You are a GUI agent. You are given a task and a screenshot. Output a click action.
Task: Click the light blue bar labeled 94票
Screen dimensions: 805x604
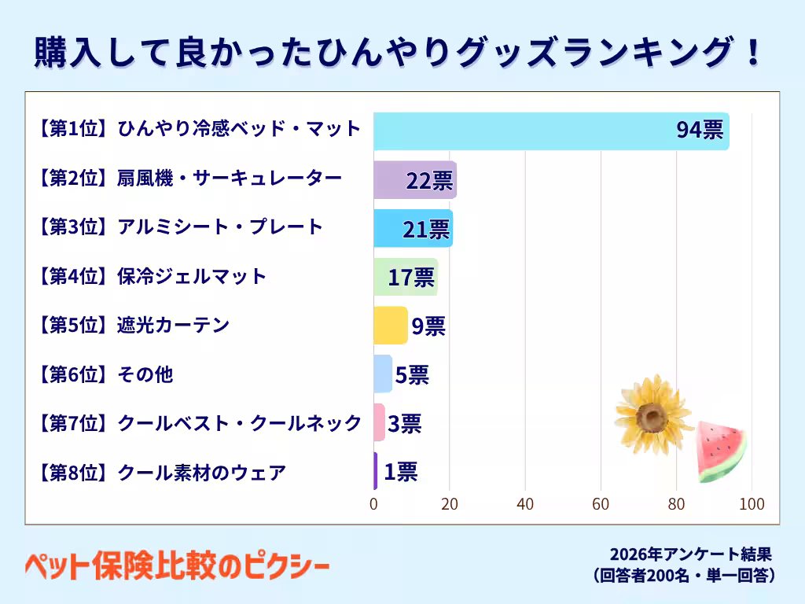coord(551,131)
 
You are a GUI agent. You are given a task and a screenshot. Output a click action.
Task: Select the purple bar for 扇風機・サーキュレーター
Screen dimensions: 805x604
coord(415,180)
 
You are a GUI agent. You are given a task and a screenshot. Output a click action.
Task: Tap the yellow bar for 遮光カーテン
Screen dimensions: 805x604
coord(391,325)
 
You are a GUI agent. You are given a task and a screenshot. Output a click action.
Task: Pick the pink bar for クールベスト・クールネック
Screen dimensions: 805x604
coord(380,422)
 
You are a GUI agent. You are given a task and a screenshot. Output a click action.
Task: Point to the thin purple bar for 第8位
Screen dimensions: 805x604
coord(376,471)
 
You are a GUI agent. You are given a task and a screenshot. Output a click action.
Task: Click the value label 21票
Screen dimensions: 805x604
coord(426,230)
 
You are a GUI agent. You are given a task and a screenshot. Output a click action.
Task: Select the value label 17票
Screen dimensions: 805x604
coord(411,278)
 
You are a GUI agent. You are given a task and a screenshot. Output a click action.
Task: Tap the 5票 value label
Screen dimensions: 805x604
coord(412,375)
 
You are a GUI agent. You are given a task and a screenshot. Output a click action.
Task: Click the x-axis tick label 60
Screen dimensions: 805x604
coord(601,504)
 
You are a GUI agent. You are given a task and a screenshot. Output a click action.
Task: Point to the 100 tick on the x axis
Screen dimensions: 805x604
coord(752,504)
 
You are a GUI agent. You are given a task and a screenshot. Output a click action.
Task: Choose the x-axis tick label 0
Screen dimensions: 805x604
coord(373,504)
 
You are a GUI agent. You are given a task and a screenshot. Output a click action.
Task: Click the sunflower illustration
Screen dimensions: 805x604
coord(653,415)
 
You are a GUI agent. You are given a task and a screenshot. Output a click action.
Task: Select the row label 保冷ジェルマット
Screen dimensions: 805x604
coord(192,276)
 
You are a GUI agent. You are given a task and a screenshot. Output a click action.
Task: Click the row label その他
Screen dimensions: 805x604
coord(145,374)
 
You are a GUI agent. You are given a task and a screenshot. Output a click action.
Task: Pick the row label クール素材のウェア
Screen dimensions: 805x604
coord(201,472)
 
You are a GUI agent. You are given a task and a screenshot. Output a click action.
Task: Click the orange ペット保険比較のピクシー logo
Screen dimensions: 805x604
coord(177,565)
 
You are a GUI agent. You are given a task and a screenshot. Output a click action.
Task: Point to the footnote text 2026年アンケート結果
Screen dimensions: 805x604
coord(691,554)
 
